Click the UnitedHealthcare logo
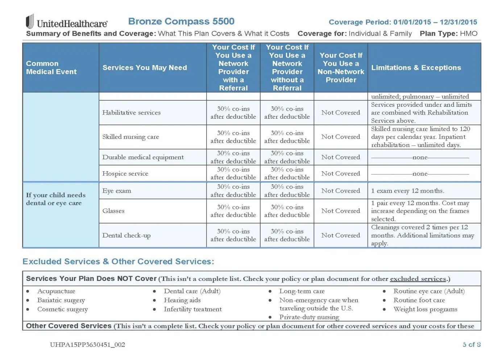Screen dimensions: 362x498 coord(67,22)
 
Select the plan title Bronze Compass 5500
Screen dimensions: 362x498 coord(181,21)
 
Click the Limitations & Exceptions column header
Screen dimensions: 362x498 coord(416,68)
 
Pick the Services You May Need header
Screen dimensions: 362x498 coord(145,68)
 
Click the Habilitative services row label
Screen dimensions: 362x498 coord(131,113)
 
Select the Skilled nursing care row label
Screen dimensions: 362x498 coord(130,137)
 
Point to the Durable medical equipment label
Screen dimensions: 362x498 coord(143,157)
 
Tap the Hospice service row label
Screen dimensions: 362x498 coord(125,173)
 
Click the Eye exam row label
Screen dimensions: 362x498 coord(117,191)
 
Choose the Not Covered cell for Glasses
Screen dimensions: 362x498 coord(341,211)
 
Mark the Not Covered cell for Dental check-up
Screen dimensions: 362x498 coord(341,235)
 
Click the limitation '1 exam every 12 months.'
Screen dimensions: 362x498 coord(407,191)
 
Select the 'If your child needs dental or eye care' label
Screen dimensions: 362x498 coord(56,199)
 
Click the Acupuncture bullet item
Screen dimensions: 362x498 coord(56,291)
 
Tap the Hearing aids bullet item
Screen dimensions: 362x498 coord(182,300)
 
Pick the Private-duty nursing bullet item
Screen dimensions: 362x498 coord(309,317)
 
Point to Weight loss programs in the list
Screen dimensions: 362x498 coord(425,309)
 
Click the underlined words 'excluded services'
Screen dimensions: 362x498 coord(418,279)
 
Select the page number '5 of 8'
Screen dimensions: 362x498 coord(472,345)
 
